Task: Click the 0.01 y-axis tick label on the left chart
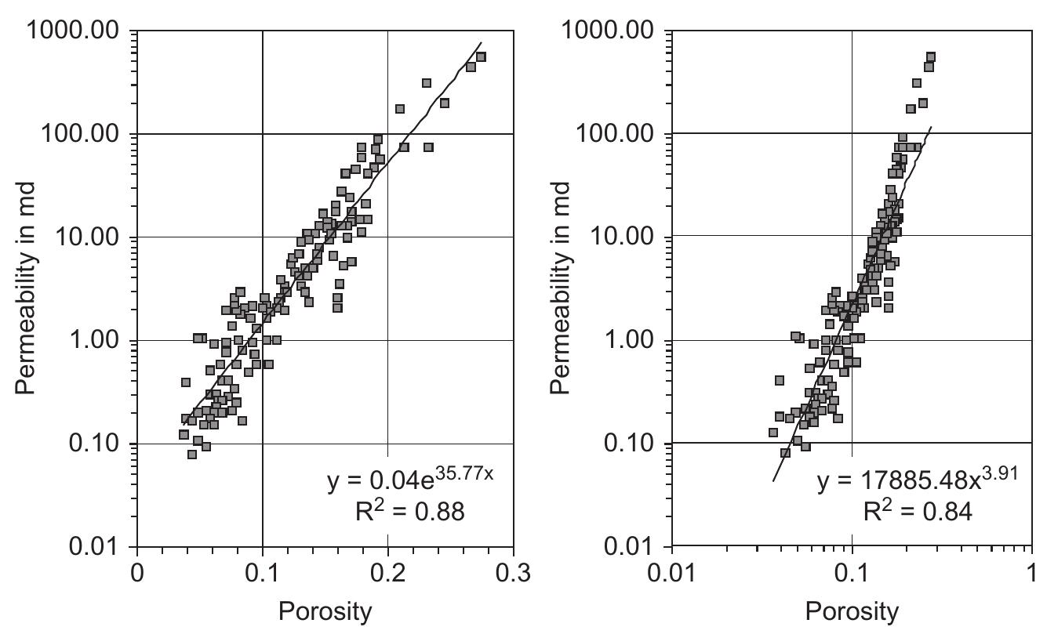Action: pos(95,547)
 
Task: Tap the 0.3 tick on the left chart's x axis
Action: pos(513,572)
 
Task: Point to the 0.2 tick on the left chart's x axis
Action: pos(387,572)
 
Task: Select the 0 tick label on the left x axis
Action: pos(137,572)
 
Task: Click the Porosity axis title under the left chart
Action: pos(325,611)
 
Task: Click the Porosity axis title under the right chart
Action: pos(852,611)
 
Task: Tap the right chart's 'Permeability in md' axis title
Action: pos(561,288)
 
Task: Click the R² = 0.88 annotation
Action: pos(410,513)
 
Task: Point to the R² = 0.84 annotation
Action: pos(918,513)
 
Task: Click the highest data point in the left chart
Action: pos(481,57)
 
